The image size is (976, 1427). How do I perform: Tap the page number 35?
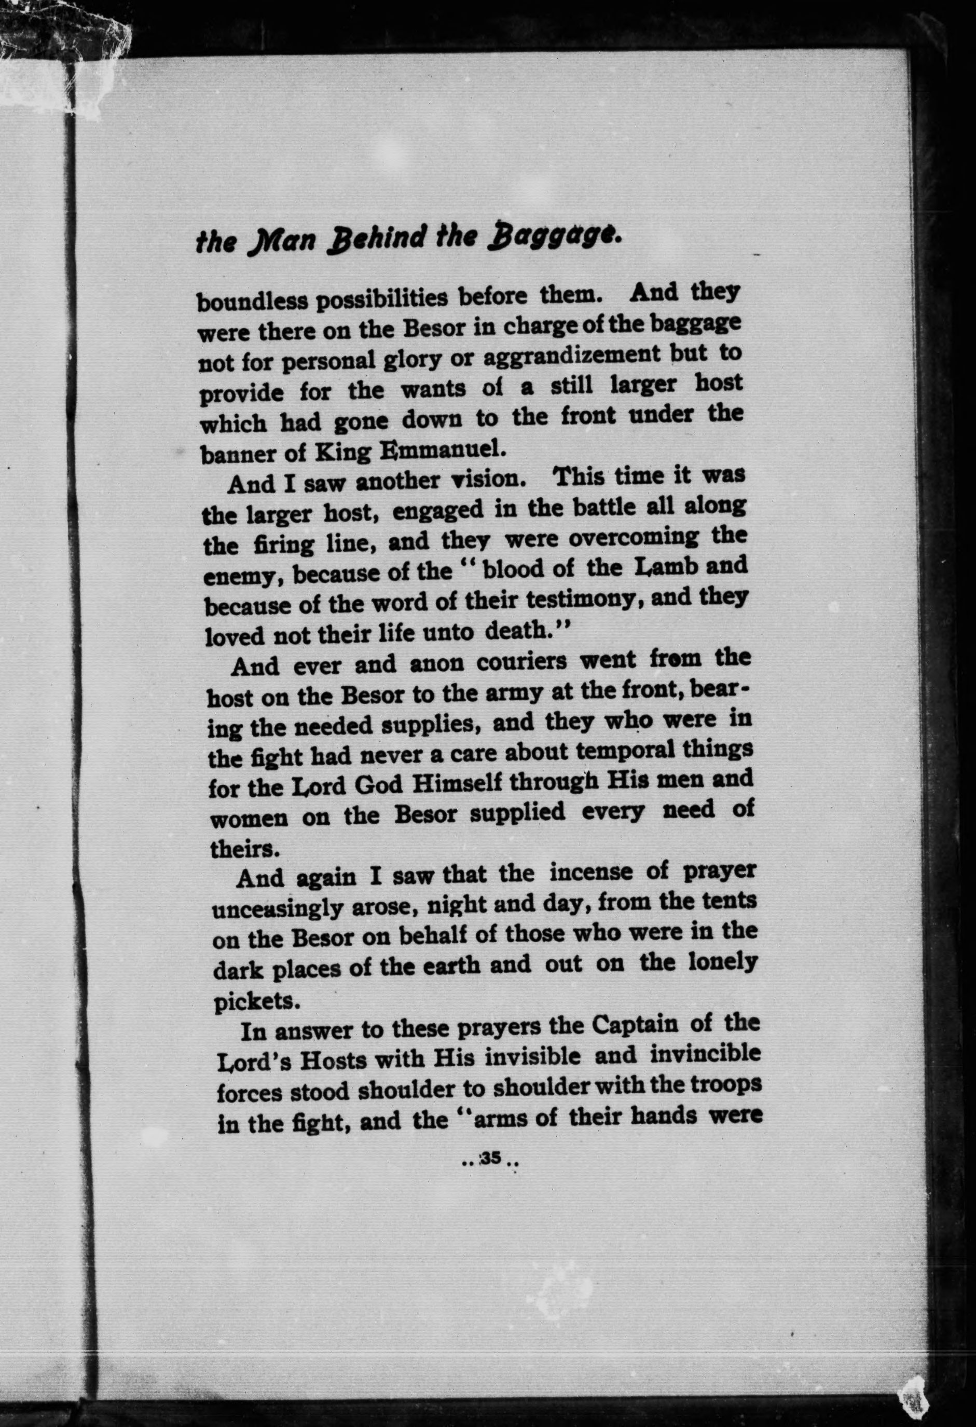[x=490, y=1159]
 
